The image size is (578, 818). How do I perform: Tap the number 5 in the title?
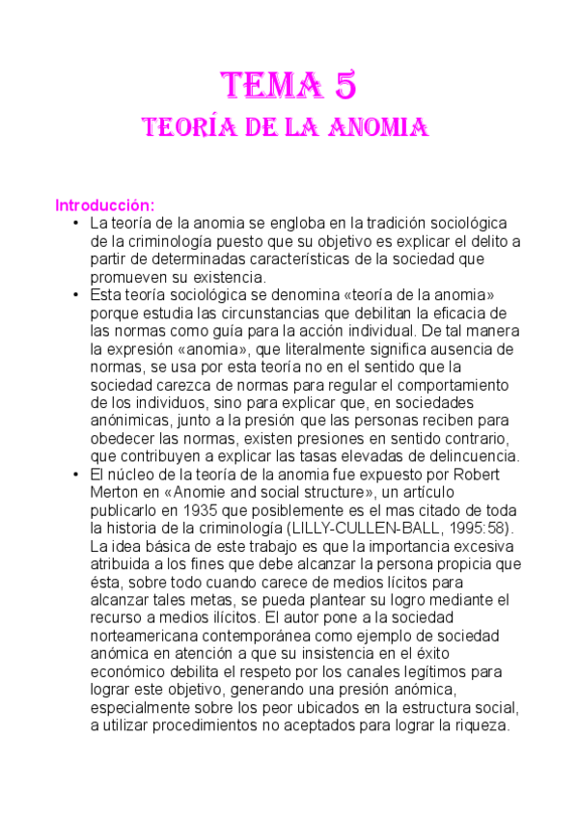(x=345, y=87)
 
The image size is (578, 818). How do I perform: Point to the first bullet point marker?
(x=76, y=223)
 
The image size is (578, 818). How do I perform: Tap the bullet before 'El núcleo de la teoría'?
(x=76, y=475)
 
